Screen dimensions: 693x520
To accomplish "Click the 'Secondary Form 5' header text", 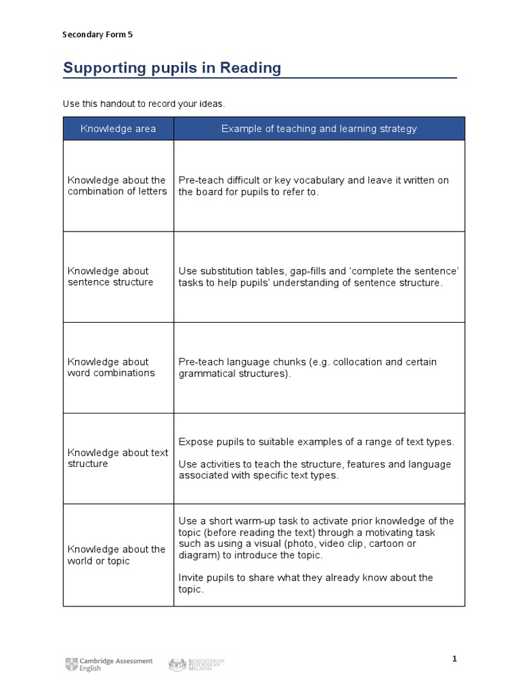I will click(x=97, y=35).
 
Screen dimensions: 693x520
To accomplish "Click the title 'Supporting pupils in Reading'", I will click(x=171, y=68).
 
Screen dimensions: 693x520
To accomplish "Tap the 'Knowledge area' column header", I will click(x=118, y=129).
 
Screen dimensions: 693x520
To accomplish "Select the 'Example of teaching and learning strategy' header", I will click(x=319, y=129).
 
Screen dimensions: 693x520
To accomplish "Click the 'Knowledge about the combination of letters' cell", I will click(x=116, y=186).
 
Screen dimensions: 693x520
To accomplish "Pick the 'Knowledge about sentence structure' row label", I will click(x=110, y=277).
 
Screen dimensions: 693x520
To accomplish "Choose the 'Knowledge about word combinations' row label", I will click(x=111, y=367).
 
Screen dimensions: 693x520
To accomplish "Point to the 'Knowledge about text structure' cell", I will click(x=117, y=458).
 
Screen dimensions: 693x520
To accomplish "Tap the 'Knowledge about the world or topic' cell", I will click(x=116, y=555).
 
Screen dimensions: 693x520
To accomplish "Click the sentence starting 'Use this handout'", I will click(x=143, y=104).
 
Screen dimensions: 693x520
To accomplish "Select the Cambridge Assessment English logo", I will click(x=109, y=665).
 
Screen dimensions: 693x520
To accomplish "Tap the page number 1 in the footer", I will click(x=455, y=658).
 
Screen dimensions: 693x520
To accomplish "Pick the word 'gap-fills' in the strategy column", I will click(x=310, y=271).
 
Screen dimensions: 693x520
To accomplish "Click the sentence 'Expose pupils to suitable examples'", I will click(x=316, y=442).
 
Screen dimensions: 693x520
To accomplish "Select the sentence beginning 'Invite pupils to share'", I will click(x=305, y=583).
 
